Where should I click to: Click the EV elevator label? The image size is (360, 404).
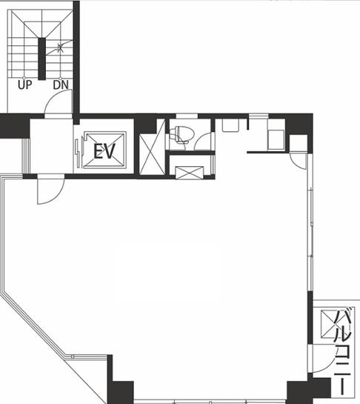104,151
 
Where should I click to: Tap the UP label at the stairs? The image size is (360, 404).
24,85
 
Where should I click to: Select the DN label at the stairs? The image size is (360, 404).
61,85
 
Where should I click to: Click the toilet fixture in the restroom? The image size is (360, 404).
181,134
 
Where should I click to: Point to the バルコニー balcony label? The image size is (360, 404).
342,352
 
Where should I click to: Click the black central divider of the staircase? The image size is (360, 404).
42,59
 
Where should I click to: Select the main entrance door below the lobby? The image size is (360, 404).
50,189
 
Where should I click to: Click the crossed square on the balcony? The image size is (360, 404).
327,324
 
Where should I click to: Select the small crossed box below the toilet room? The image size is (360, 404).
190,173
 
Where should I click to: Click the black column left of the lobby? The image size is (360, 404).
15,126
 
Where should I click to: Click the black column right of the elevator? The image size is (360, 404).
145,124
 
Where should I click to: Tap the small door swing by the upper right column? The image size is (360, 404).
297,162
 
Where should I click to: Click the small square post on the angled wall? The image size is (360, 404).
73,357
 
